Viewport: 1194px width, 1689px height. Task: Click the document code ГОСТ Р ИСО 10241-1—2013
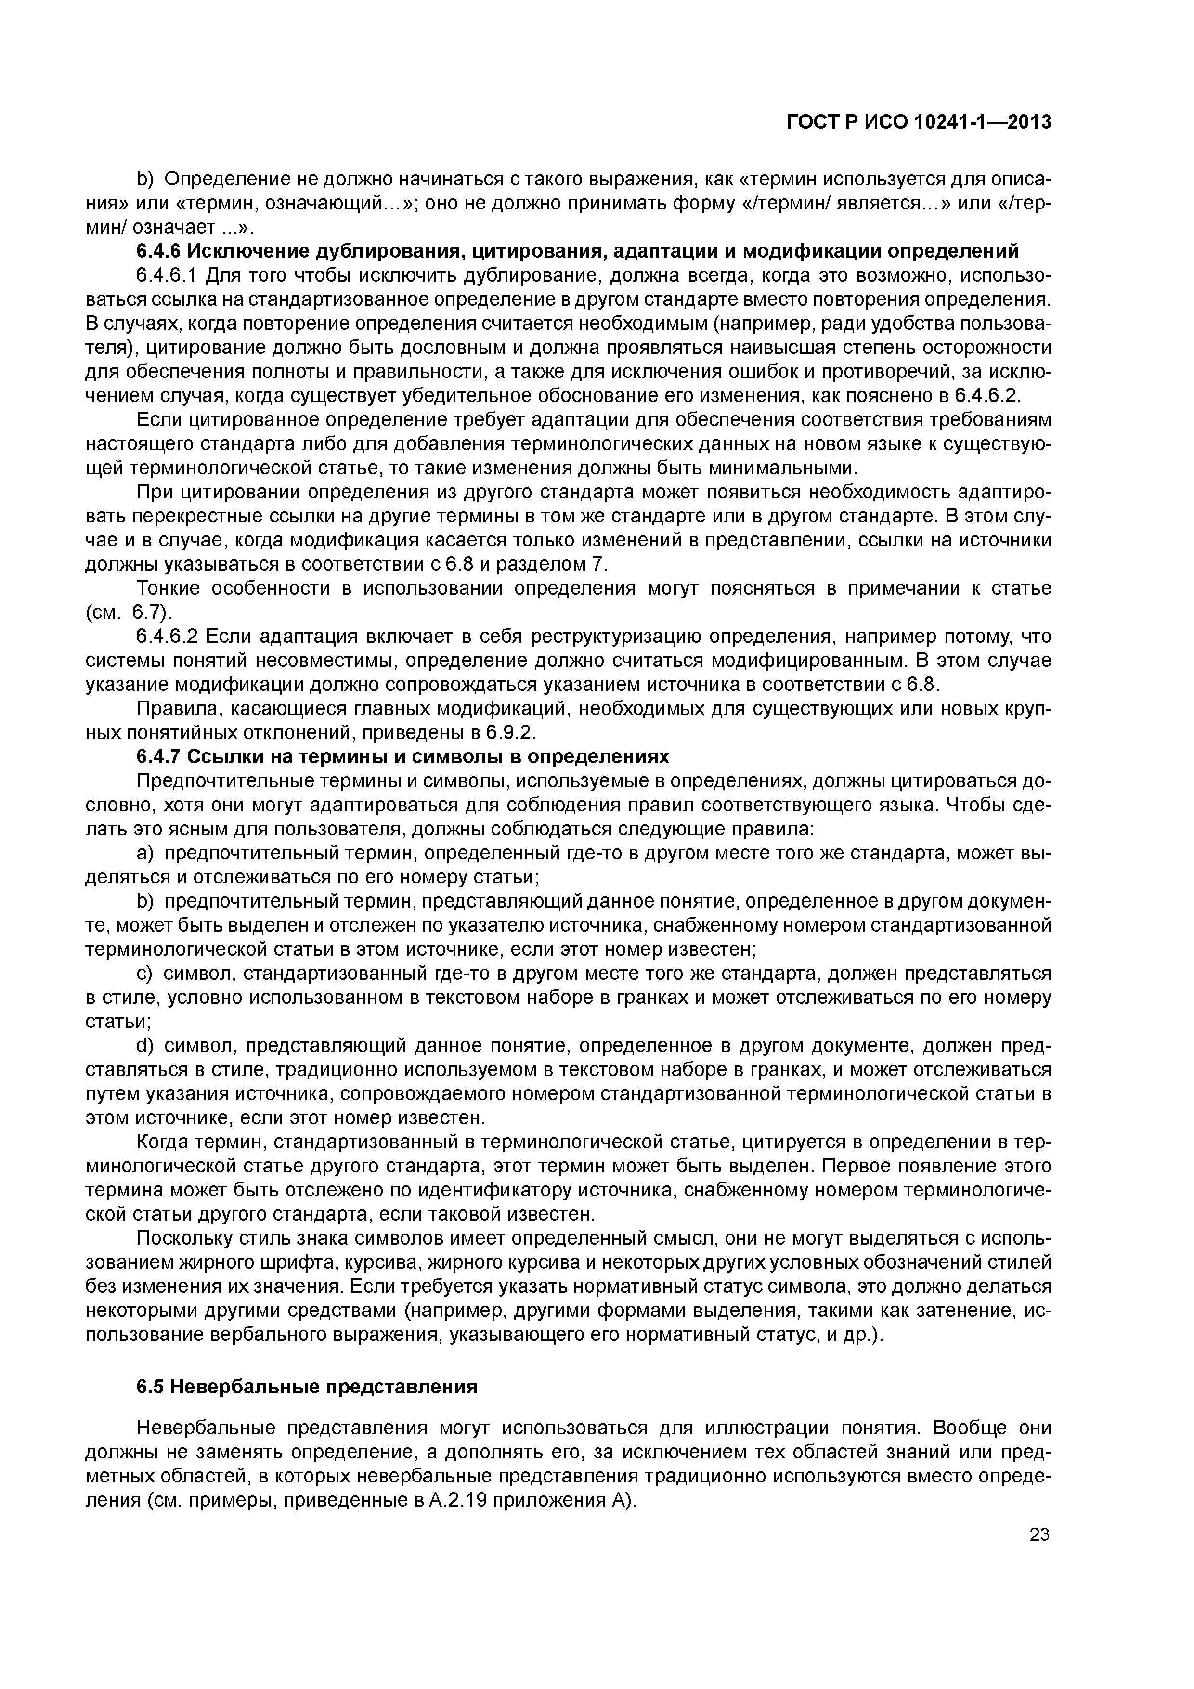point(918,122)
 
